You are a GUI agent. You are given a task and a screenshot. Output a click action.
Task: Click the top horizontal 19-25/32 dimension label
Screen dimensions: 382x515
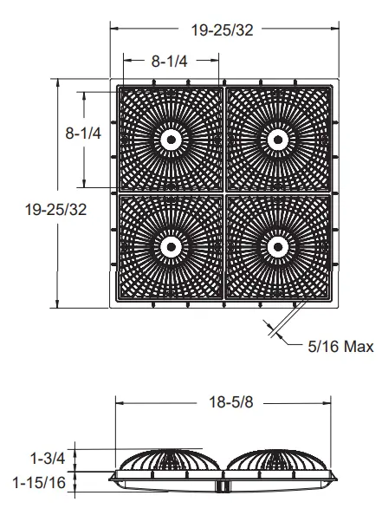tap(222, 30)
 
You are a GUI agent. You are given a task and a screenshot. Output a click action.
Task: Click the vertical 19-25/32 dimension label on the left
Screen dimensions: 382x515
tap(55, 210)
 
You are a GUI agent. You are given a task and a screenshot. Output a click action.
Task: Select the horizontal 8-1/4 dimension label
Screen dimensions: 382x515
tap(169, 61)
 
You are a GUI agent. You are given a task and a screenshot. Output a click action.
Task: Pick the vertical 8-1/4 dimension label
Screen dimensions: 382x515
tap(83, 134)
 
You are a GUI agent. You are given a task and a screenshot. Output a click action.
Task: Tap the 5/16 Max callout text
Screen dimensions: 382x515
tap(340, 347)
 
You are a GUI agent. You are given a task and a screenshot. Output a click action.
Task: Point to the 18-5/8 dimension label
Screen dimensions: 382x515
tap(231, 402)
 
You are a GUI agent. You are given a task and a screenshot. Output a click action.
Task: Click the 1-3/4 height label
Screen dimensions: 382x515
tap(48, 458)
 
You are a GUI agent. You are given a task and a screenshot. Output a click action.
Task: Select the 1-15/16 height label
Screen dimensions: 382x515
tap(39, 482)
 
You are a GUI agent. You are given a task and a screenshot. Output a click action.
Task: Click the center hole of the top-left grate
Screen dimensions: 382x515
tap(171, 140)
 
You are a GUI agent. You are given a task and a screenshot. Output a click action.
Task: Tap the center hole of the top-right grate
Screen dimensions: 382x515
tap(278, 140)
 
